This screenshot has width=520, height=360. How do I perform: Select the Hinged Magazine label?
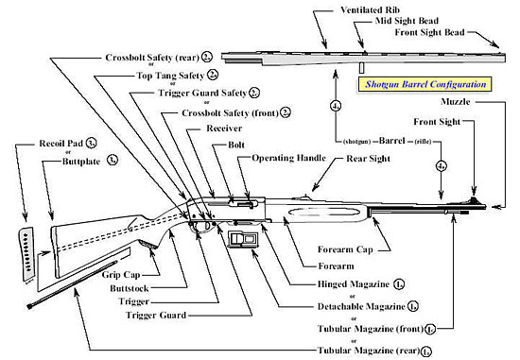point(357,284)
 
